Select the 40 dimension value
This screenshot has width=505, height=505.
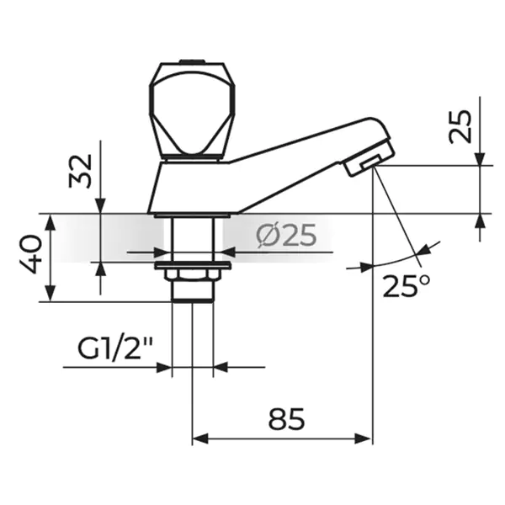point(31,254)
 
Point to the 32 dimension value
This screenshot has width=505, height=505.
point(81,171)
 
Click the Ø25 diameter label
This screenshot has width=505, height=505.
point(286,236)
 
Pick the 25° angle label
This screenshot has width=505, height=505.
point(407,286)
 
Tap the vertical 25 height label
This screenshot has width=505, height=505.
point(460,126)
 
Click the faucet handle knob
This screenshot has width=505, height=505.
point(192,110)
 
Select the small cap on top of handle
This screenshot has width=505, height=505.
point(192,61)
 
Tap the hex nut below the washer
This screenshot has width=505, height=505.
point(192,274)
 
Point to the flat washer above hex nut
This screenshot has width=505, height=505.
point(193,266)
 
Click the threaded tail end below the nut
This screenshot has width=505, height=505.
point(192,291)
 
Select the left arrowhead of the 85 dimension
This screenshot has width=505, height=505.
point(199,439)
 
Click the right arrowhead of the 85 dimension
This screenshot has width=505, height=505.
point(364,439)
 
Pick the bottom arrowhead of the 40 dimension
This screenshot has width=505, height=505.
point(50,294)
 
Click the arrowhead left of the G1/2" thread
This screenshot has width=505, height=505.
point(164,367)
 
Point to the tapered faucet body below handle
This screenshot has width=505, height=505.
point(190,188)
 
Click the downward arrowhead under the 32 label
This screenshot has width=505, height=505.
point(101,205)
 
